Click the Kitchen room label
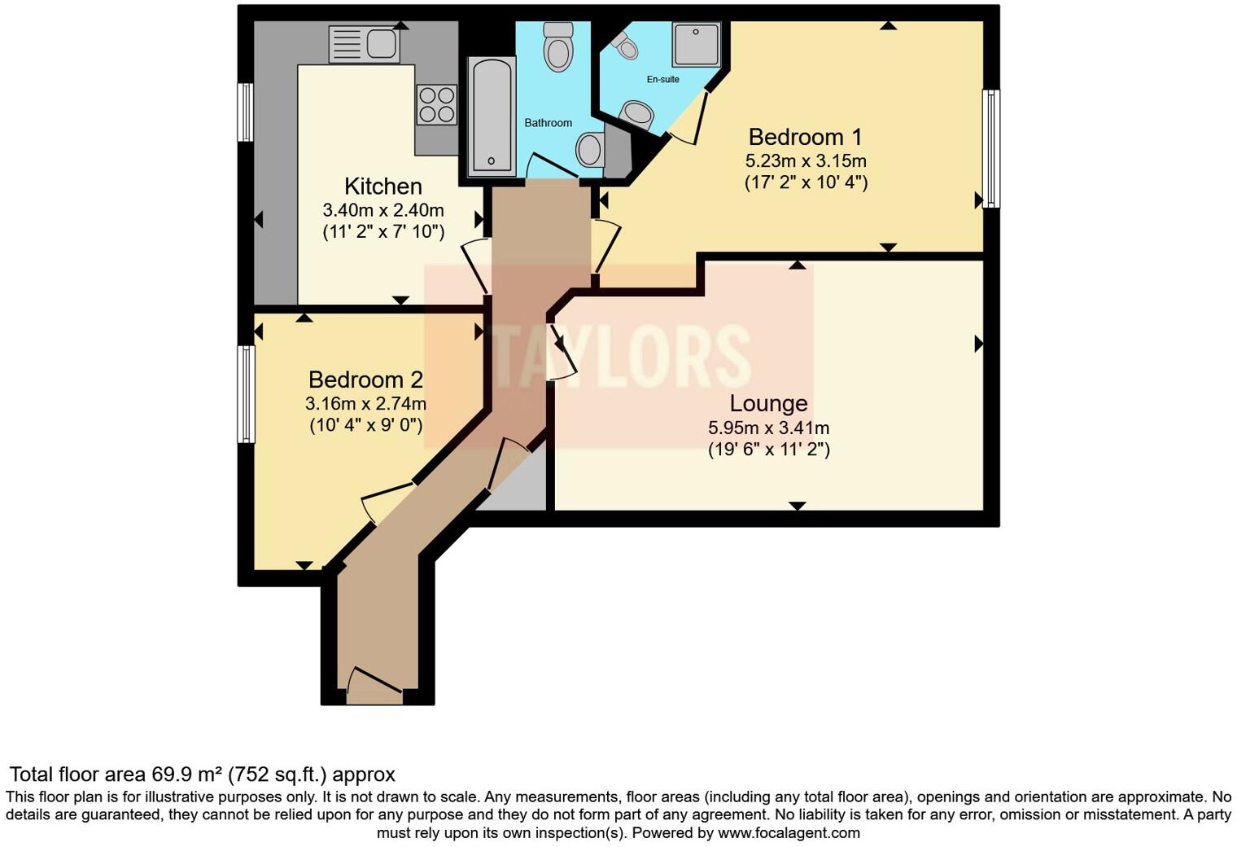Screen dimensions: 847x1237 [x=382, y=186]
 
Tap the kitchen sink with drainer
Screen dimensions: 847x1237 [x=364, y=44]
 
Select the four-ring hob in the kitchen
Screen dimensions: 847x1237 [x=436, y=105]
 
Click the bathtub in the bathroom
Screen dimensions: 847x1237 [x=492, y=116]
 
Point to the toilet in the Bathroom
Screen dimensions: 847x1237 [x=558, y=47]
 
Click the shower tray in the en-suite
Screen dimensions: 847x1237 [x=696, y=45]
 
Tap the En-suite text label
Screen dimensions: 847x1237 [x=662, y=79]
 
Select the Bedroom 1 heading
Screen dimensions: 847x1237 [x=805, y=137]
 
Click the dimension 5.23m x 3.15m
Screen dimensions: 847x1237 [x=805, y=160]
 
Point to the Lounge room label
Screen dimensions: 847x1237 [x=768, y=403]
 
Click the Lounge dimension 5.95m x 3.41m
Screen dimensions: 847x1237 [x=768, y=428]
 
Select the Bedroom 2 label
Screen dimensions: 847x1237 [x=365, y=380]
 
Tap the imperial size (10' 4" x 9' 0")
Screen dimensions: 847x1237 [x=365, y=425]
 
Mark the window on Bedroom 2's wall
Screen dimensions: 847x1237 [x=246, y=394]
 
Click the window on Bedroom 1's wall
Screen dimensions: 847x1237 [x=990, y=148]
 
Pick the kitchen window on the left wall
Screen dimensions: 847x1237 [x=245, y=112]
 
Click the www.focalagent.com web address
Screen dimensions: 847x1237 [x=789, y=832]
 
